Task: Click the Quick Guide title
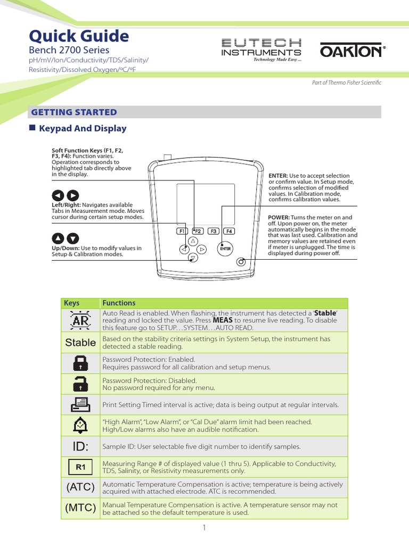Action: pos(78,36)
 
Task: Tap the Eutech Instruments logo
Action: pos(260,49)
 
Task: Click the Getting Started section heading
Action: pos(74,112)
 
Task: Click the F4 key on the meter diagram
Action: pos(229,231)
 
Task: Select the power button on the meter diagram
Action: pos(242,261)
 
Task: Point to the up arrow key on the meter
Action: pos(193,241)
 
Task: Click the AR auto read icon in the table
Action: pos(80,320)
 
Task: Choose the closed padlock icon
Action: pos(80,364)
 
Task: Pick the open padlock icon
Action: pos(80,384)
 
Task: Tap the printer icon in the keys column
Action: pos(80,405)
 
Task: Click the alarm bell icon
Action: pos(80,425)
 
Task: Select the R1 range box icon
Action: pos(80,467)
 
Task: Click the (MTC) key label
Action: pos(80,508)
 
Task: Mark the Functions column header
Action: pos(119,303)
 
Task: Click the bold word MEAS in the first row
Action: pos(223,321)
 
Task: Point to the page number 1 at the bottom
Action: pos(204,528)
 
